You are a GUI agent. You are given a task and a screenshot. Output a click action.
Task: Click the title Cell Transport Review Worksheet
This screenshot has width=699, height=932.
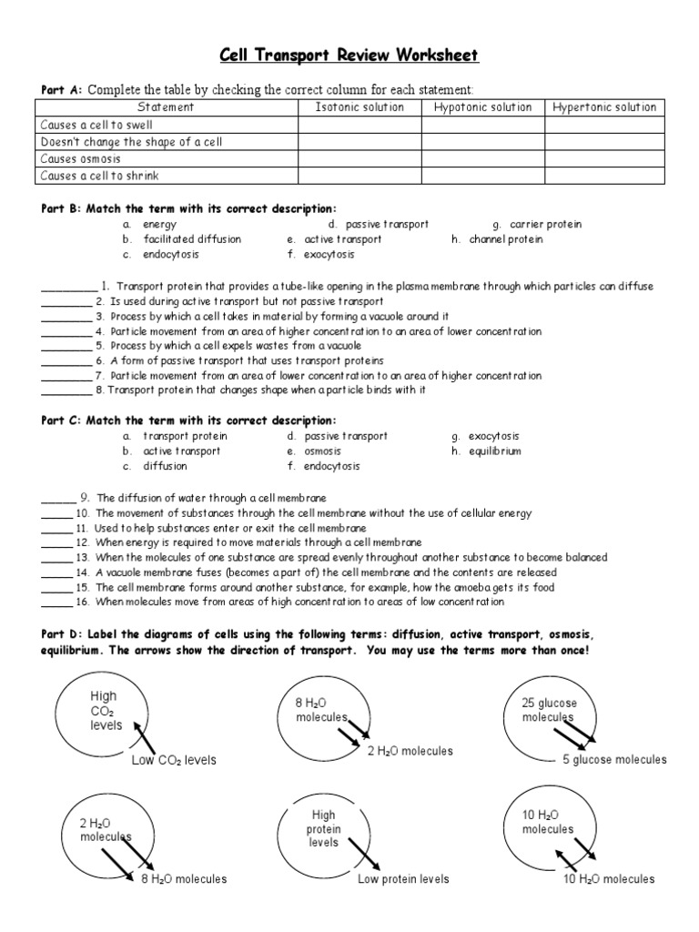coord(349,56)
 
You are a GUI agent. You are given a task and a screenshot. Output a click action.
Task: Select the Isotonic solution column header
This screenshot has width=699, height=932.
coord(360,107)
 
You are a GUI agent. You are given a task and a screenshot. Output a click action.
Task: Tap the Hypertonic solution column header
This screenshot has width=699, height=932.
coord(604,107)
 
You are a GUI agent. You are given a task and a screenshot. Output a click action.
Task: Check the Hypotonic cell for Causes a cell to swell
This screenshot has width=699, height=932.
coord(482,125)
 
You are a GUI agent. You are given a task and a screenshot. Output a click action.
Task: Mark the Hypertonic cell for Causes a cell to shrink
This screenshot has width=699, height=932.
coord(604,176)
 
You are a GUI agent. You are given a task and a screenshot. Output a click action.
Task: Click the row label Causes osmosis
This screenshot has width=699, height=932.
coord(81,159)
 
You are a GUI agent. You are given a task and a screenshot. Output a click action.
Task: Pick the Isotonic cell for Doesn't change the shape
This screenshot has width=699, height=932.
coord(360,142)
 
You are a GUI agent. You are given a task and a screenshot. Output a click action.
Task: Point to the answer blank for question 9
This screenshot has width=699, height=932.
coord(56,498)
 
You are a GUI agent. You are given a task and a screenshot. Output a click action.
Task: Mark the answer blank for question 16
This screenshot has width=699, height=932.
coord(56,602)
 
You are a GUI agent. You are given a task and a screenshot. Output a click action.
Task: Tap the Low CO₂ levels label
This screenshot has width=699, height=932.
coord(174,760)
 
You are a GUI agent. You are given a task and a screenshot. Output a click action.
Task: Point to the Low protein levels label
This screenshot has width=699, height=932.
coord(403,879)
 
